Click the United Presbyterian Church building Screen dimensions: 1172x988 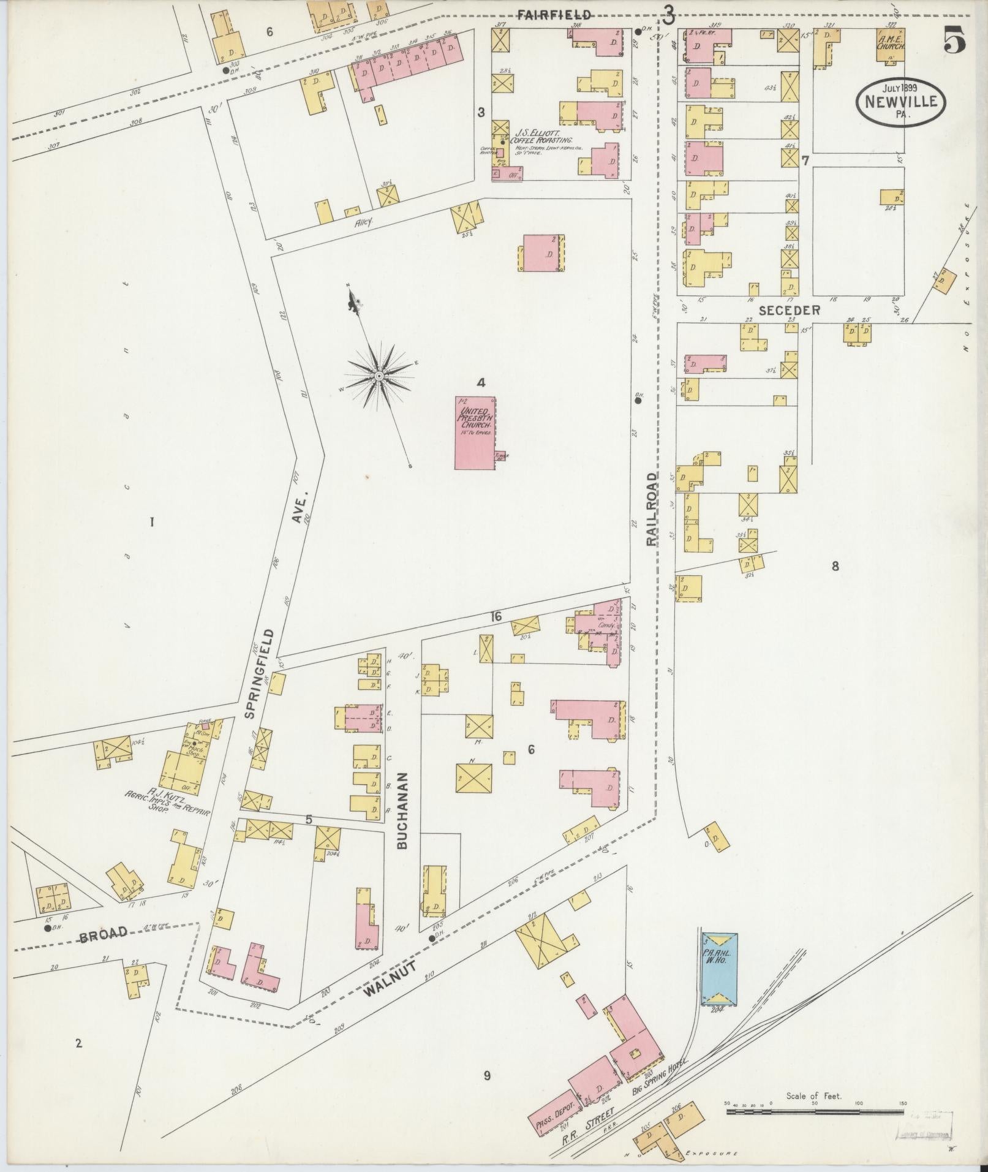[475, 433]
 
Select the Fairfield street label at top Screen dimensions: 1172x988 [554, 15]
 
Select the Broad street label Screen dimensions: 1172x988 [104, 950]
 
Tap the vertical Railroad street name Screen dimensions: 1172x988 [652, 508]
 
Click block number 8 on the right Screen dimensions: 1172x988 [835, 566]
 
